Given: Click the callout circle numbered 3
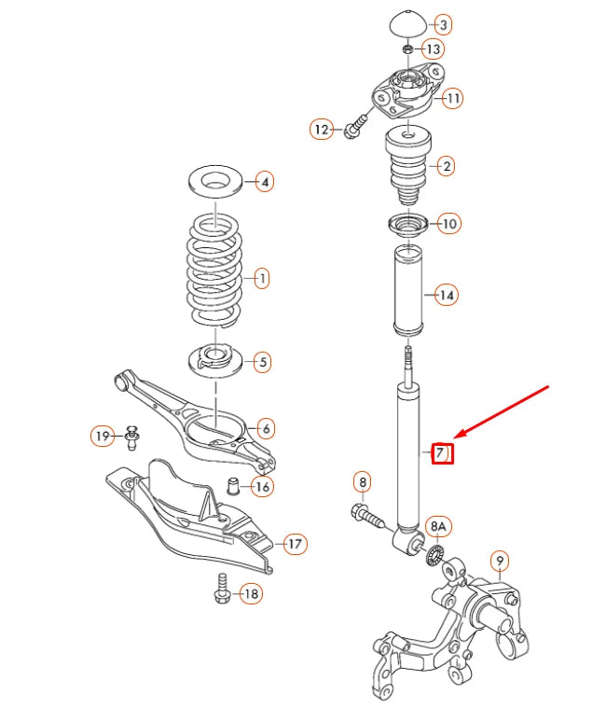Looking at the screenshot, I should [442, 24].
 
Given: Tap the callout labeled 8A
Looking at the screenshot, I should [438, 527].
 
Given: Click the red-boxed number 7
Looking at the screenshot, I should [441, 454].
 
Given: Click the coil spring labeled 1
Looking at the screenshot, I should [216, 276].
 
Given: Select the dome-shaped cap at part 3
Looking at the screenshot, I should [406, 23].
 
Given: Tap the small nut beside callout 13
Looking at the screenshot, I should [407, 49].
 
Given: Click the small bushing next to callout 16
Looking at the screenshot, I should [236, 486].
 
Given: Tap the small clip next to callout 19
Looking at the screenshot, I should [131, 437].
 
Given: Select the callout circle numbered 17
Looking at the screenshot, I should [294, 544].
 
